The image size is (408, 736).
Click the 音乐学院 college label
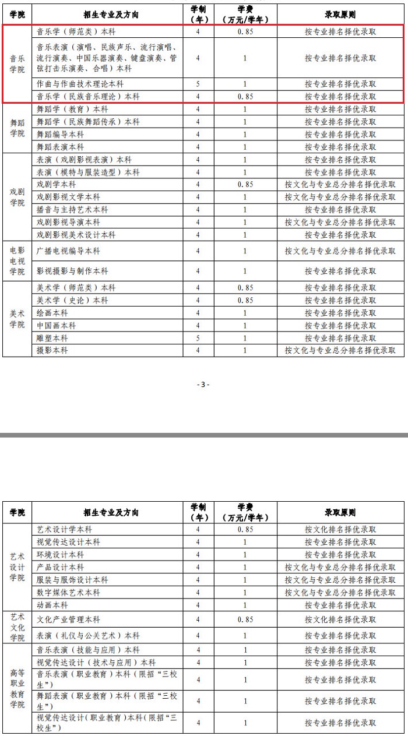(x=17, y=64)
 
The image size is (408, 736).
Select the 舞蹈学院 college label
(x=17, y=128)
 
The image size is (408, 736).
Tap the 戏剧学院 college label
(x=17, y=197)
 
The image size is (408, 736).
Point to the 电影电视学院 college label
(x=17, y=260)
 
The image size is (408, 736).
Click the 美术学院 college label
(x=17, y=319)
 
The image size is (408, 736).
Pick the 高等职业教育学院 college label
(x=17, y=689)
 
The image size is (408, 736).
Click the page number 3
(x=203, y=384)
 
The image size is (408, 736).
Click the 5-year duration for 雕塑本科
(x=198, y=338)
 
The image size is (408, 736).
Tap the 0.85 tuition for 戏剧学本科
(x=245, y=185)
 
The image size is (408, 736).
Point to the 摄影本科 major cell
(x=52, y=351)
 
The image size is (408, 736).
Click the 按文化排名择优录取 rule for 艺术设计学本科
(x=340, y=530)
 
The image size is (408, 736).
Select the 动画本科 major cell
(x=52, y=605)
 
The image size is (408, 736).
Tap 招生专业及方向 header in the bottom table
(x=111, y=513)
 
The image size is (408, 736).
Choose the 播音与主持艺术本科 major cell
(x=72, y=210)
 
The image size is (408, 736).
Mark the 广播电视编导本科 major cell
(x=69, y=251)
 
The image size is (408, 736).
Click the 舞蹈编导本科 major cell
(x=61, y=135)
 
